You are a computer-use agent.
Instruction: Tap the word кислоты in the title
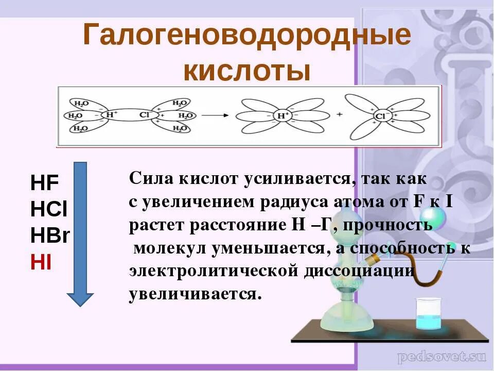247,71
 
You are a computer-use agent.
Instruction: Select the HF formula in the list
45,183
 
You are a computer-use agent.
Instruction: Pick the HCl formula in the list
49,210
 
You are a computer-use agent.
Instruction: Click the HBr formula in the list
50,235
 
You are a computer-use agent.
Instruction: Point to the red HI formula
41,262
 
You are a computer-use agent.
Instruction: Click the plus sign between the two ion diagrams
339,114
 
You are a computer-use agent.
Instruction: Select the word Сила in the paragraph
149,179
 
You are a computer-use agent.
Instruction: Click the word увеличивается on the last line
195,294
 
